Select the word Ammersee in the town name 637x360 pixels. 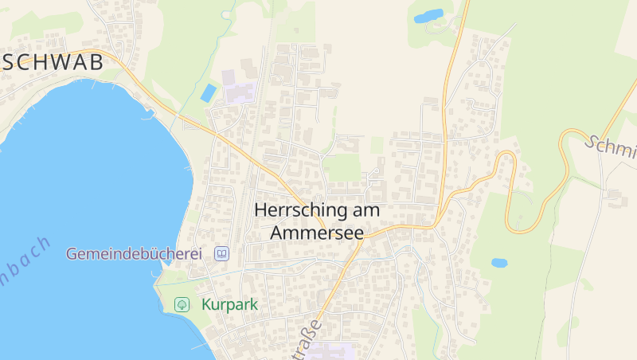click(317, 233)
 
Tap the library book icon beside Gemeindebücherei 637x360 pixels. click(222, 254)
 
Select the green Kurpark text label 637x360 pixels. click(230, 304)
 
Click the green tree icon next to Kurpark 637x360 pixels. click(182, 304)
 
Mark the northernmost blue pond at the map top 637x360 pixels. click(428, 16)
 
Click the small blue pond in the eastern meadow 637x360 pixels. click(499, 262)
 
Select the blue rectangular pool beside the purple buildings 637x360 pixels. click(208, 93)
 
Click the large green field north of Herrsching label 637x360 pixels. click(343, 167)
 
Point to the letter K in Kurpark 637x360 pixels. click(207, 304)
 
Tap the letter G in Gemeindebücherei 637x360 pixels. click(72, 254)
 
